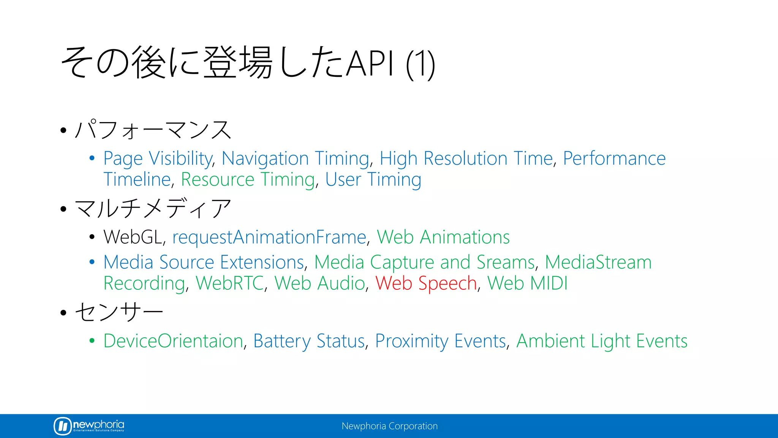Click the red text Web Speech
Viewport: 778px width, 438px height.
426,283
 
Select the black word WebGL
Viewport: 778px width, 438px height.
133,237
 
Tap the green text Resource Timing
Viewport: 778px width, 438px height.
248,179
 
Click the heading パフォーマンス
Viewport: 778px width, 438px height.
153,130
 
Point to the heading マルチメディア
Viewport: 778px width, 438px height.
153,208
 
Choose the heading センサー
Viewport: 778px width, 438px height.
119,312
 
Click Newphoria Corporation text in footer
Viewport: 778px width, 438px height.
389,426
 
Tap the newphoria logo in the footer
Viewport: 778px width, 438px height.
89,425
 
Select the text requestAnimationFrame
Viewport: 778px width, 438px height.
269,237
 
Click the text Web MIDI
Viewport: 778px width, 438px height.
527,283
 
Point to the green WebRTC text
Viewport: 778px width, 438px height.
229,283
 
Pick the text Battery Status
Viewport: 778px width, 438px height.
309,341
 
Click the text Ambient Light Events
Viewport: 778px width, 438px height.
602,341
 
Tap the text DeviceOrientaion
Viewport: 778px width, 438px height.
173,341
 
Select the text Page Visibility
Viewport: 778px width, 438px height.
158,159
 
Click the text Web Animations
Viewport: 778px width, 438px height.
443,237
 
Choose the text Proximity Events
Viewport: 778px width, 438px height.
440,341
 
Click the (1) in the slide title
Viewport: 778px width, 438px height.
420,64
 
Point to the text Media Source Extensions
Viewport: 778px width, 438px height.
204,262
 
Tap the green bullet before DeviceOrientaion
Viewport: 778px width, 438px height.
92,341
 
